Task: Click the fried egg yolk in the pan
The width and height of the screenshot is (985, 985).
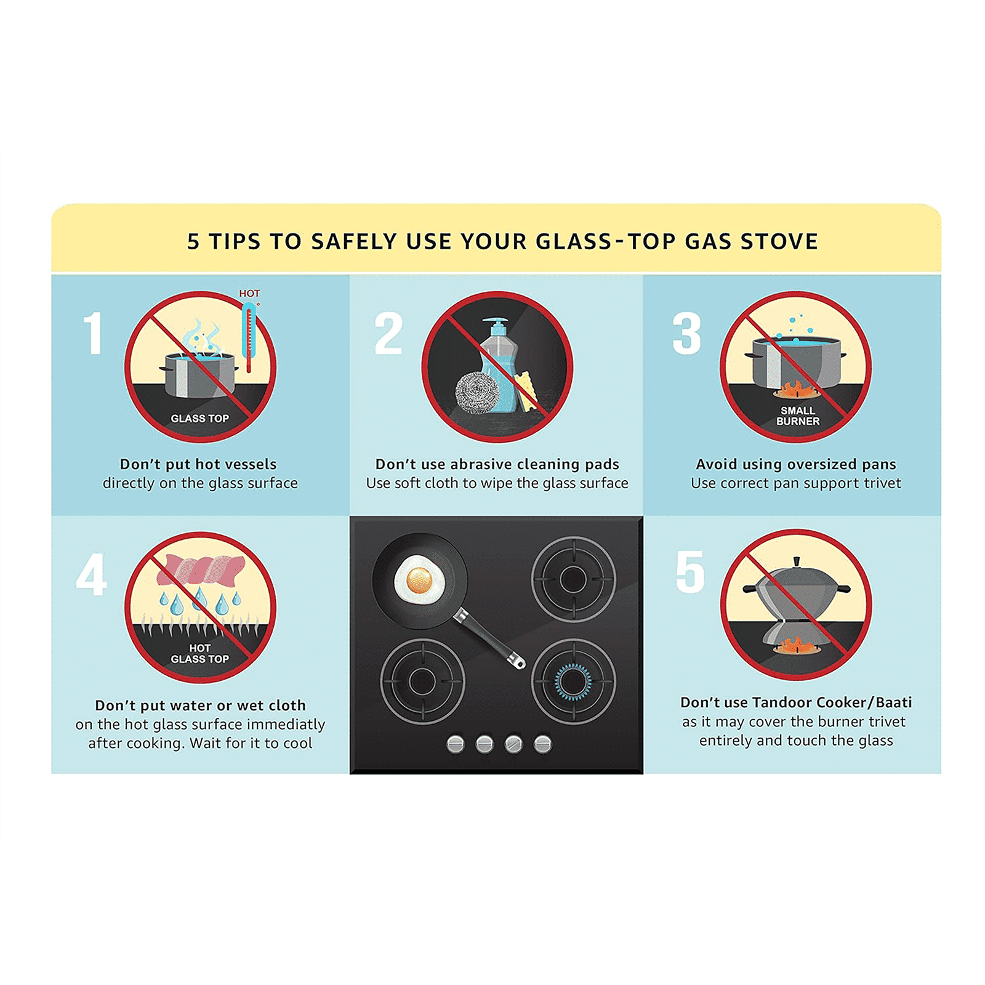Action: click(419, 580)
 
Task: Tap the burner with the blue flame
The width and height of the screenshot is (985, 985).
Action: click(573, 681)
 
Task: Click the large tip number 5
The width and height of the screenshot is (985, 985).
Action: click(689, 572)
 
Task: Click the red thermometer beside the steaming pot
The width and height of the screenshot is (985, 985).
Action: click(249, 337)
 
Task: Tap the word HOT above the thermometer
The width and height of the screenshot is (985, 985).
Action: click(249, 294)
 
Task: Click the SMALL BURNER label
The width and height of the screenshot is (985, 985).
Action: click(798, 416)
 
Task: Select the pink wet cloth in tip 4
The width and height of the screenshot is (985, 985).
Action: click(200, 569)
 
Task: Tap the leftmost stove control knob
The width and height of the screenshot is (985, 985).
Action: click(456, 744)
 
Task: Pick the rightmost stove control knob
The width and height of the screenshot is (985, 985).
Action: click(543, 744)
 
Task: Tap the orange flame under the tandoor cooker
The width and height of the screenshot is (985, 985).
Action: click(795, 646)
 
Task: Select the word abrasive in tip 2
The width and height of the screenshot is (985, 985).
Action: click(480, 464)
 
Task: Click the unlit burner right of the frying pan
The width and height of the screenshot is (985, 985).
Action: click(573, 579)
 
